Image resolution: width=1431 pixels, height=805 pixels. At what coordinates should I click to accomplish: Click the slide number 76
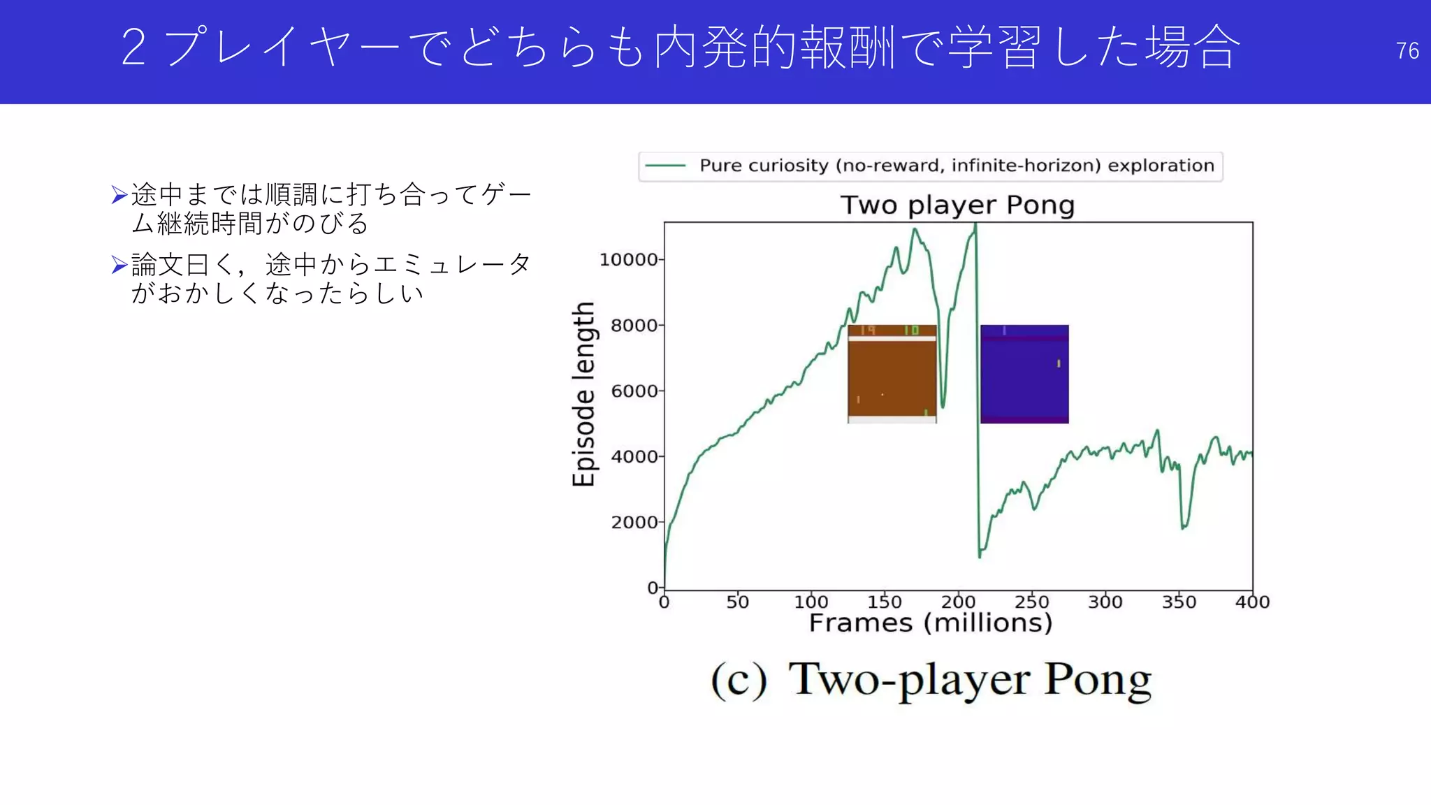click(x=1407, y=51)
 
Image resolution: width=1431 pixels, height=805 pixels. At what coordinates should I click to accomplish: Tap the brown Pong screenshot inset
click(x=892, y=374)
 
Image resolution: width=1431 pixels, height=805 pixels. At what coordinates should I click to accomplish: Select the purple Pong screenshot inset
click(x=1024, y=374)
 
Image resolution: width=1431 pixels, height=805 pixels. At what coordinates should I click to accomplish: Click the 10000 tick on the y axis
click(x=628, y=260)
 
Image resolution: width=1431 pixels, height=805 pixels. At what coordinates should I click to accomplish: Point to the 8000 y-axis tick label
click(x=634, y=326)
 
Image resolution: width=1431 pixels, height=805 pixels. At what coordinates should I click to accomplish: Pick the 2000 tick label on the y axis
click(x=634, y=522)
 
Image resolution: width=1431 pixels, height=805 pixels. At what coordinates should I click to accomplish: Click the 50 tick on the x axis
click(x=737, y=602)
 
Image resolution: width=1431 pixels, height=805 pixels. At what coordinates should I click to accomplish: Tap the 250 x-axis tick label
click(x=1031, y=602)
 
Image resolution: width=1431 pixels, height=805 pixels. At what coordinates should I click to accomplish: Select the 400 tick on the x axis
click(x=1252, y=602)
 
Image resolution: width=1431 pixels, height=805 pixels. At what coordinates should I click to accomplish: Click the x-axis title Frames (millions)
click(x=930, y=623)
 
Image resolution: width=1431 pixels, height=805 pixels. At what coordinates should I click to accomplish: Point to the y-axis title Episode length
click(x=583, y=394)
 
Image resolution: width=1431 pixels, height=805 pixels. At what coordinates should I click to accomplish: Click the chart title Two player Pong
click(x=957, y=205)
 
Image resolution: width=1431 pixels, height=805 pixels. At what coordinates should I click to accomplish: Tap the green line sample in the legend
click(x=664, y=166)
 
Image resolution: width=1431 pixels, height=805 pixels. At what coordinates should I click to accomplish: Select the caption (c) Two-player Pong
click(x=931, y=679)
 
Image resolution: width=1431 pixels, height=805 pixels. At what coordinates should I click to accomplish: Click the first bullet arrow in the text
click(x=119, y=194)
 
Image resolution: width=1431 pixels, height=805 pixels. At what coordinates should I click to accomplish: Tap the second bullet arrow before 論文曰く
click(x=119, y=265)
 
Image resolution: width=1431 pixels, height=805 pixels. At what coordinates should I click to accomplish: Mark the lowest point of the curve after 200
click(x=980, y=556)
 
